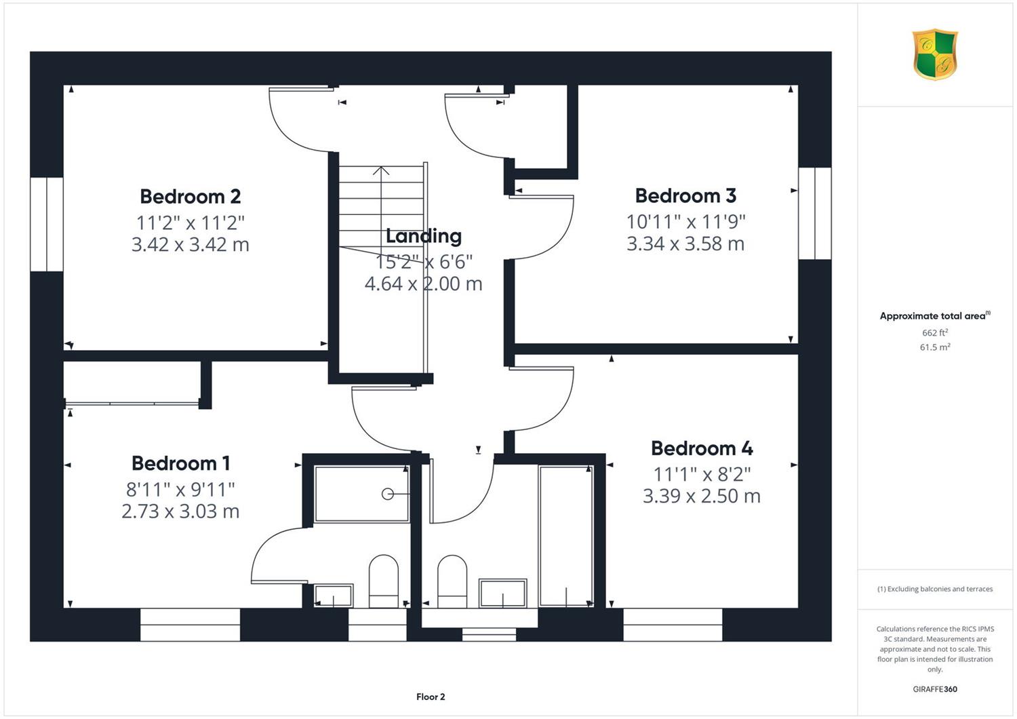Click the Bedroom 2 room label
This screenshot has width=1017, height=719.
[191, 197]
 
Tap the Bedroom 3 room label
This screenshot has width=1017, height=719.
[685, 196]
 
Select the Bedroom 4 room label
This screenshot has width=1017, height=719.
[702, 448]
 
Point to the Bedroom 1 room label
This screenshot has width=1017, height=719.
[181, 463]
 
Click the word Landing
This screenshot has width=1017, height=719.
[424, 236]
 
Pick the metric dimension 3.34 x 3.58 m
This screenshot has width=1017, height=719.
[685, 244]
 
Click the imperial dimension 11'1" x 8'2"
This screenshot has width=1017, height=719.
[702, 474]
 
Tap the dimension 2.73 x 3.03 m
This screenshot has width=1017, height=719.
[181, 511]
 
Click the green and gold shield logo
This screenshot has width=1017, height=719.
[935, 54]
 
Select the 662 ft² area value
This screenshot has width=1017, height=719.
[935, 332]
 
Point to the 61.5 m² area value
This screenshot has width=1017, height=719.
[935, 347]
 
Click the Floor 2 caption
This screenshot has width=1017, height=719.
[431, 697]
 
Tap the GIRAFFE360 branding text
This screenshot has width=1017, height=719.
[935, 689]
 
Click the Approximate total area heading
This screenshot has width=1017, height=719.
[935, 315]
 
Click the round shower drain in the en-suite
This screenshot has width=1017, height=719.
[387, 494]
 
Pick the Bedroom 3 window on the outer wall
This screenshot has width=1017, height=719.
[815, 214]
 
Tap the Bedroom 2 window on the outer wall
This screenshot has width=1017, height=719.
[47, 225]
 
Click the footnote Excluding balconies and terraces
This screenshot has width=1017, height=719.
[935, 589]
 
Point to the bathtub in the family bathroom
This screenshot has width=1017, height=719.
[566, 536]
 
